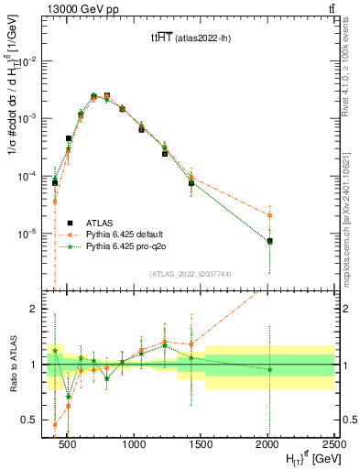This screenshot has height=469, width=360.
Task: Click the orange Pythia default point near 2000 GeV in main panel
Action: (269, 215)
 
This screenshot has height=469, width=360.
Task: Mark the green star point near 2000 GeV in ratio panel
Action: (269, 369)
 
